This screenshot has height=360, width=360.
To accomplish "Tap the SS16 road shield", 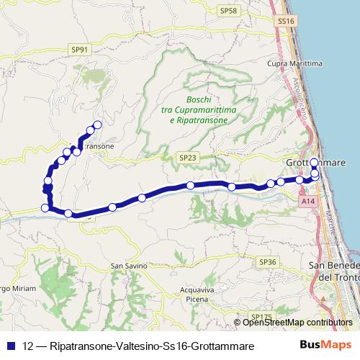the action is coord(286,22).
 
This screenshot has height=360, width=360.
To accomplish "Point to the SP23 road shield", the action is coord(188,157).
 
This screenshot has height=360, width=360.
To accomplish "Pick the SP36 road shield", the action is coord(267,262).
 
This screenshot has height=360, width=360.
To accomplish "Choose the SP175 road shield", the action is coord(262,315).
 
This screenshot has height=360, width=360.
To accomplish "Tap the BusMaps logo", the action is coord(325,346).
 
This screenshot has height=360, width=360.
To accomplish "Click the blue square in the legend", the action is coord(10,346).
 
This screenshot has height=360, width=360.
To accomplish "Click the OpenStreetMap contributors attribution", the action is coord(296,322).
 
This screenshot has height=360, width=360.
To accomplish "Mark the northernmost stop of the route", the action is coord(97,125).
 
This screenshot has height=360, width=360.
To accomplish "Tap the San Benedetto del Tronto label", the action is coord(334,272).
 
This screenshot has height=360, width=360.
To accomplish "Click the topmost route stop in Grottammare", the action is coord(314,162).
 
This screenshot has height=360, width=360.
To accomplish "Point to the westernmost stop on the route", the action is coord(45,208).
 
